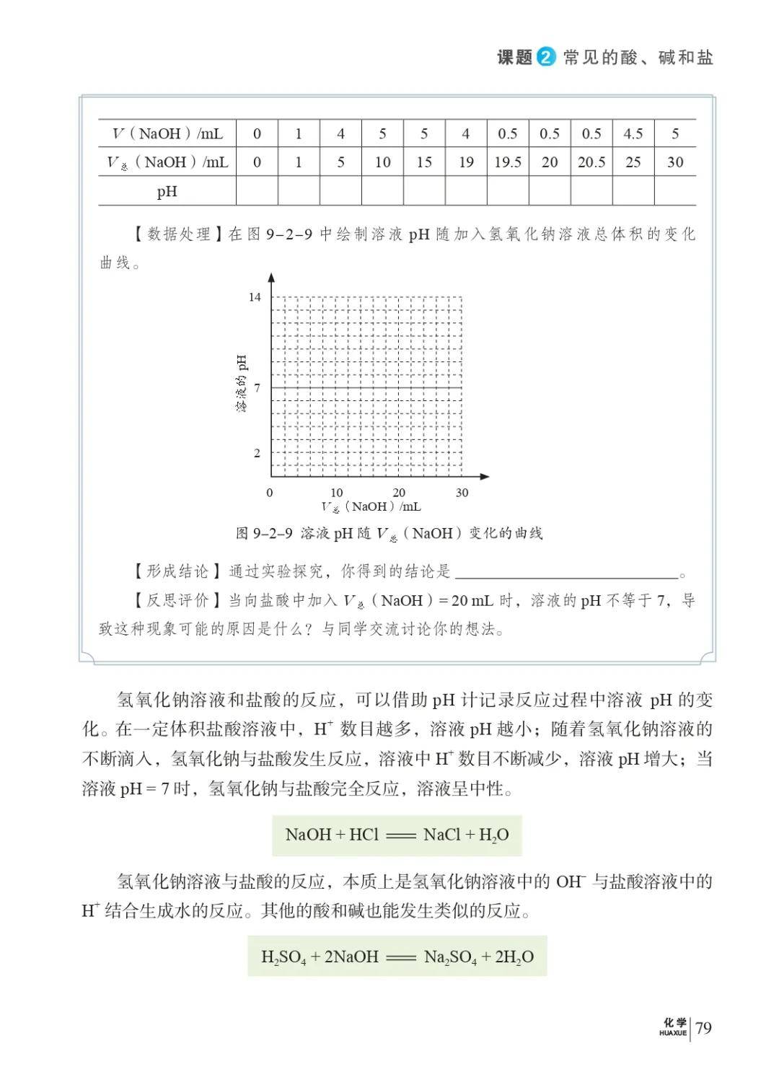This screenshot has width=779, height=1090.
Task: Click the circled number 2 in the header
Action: [546, 57]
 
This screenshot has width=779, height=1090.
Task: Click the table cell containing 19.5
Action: [508, 162]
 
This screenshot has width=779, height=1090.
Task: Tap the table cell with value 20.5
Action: [591, 162]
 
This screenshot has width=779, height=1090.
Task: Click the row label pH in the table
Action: [167, 192]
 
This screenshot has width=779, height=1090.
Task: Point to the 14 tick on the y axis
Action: [255, 297]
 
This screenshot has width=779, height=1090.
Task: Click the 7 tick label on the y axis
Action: [257, 388]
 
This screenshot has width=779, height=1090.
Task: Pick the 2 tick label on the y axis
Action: [257, 453]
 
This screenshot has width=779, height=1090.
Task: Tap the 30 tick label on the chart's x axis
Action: [462, 493]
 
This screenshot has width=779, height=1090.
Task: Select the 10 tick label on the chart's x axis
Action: [336, 493]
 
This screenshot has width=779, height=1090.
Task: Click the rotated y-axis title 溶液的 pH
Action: [241, 383]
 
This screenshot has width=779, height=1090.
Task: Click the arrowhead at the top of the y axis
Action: [271, 278]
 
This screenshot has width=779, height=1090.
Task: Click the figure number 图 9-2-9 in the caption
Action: [264, 534]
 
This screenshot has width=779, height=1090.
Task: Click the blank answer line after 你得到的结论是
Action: [567, 576]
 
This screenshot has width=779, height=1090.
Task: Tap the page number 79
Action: [703, 1027]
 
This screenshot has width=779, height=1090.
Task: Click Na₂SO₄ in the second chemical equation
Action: [450, 957]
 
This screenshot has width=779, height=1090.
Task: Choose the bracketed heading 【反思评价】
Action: [177, 601]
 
